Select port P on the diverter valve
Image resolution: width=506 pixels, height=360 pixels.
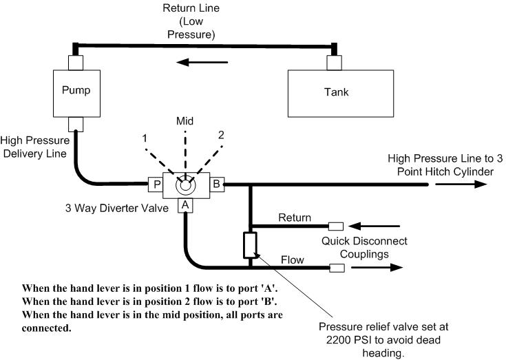click(x=156, y=184)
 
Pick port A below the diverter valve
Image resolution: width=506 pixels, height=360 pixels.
click(x=185, y=205)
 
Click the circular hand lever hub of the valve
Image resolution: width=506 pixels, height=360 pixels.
click(x=185, y=184)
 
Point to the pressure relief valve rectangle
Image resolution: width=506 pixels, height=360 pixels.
click(x=250, y=244)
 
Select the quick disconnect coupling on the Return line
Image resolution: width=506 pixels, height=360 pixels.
click(x=336, y=226)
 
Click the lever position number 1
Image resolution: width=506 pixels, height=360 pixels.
click(x=146, y=138)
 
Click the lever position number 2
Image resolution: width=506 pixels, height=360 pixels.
click(x=221, y=135)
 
